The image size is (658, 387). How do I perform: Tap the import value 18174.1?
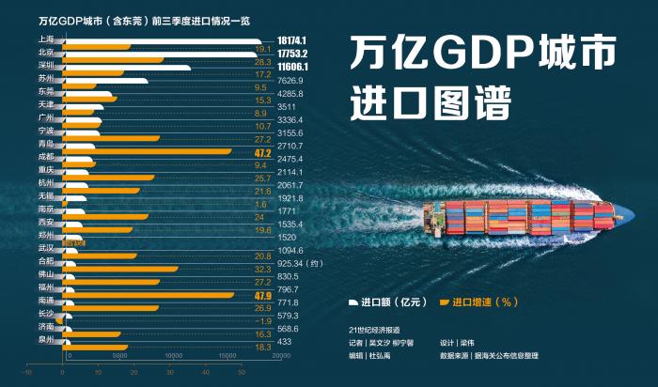click(x=292, y=41)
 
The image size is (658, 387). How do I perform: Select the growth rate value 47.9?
click(x=262, y=297)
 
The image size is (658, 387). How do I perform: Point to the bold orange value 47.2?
click(x=262, y=153)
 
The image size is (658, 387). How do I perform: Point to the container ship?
click(x=523, y=218)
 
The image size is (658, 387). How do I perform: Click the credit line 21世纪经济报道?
click(x=374, y=331)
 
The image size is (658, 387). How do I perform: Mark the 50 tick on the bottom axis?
click(x=241, y=373)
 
